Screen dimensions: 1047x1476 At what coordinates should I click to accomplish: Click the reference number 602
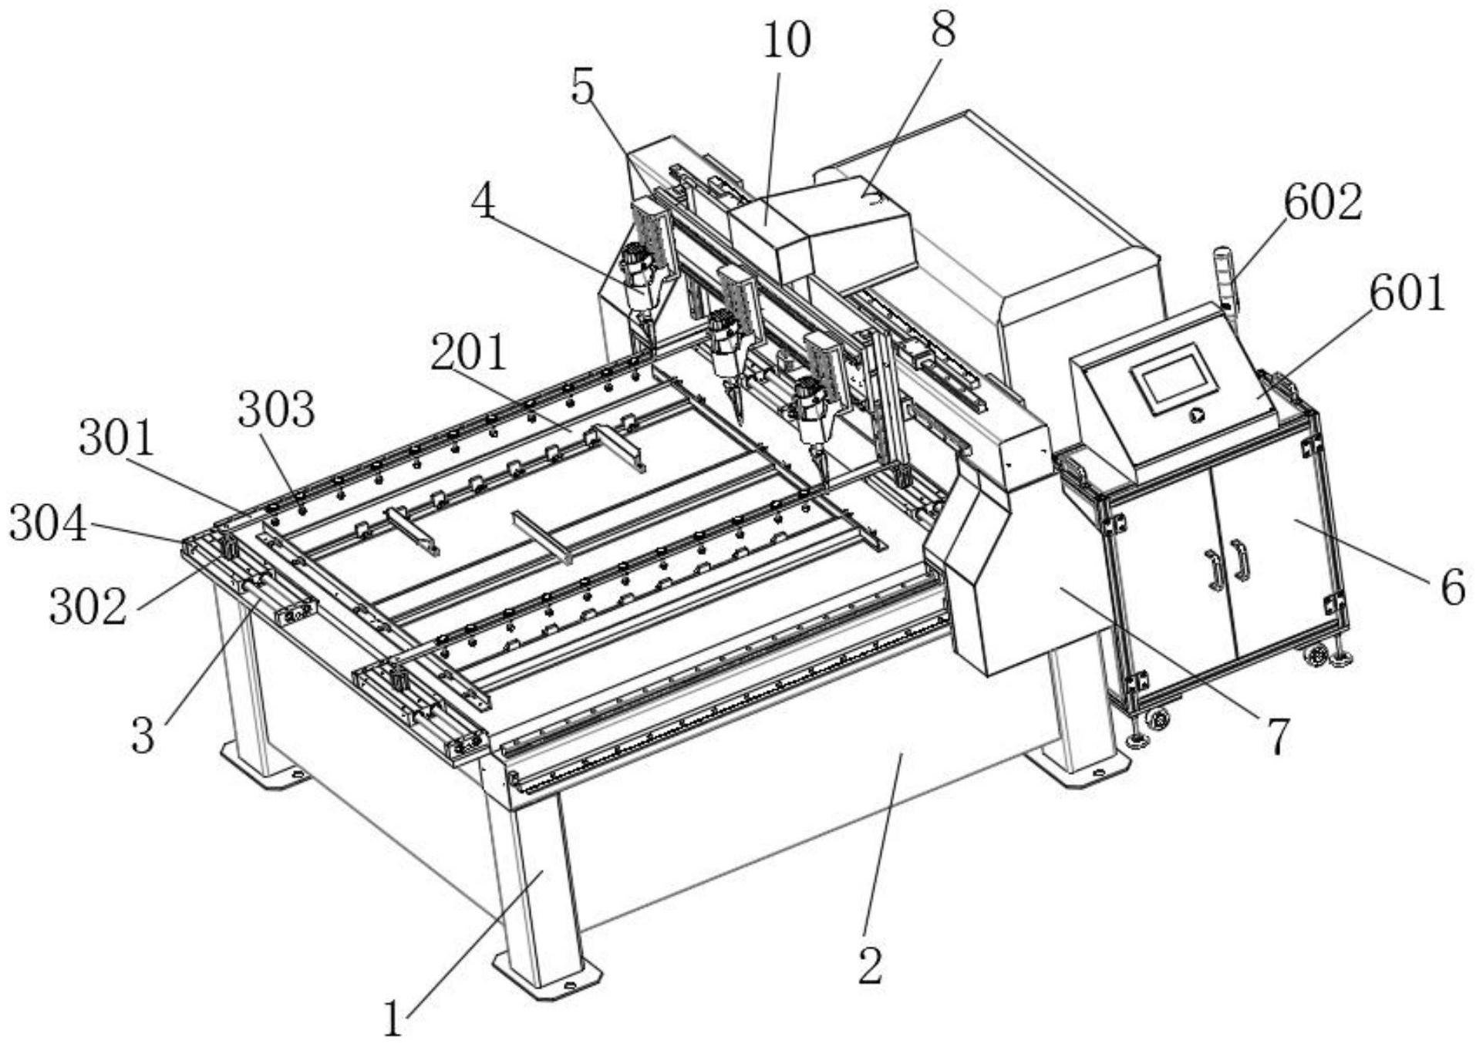coord(1323,203)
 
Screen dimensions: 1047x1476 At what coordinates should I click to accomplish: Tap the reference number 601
coord(1407,294)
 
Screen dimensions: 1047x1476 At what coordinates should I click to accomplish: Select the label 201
coord(468,353)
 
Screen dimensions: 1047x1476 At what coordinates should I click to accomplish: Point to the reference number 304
coord(47,525)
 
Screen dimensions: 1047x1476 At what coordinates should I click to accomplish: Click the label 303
coord(276,409)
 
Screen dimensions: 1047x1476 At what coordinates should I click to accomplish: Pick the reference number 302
coord(87,607)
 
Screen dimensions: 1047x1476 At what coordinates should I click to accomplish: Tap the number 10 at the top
coord(787,40)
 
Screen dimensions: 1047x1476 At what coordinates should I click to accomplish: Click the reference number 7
coord(1278,736)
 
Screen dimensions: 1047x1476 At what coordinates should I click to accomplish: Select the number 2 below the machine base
coord(870,965)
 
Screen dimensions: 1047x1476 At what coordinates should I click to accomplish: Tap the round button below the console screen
coord(1196,415)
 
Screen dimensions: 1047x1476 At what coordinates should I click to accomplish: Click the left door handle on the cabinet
coord(1215,569)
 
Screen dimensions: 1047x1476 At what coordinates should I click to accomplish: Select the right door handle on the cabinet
coord(1241,561)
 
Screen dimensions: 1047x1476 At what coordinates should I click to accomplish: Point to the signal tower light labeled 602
coord(1225,278)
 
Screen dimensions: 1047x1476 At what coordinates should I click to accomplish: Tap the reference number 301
coord(116,439)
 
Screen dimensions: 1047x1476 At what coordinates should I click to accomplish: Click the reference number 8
coord(942,30)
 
